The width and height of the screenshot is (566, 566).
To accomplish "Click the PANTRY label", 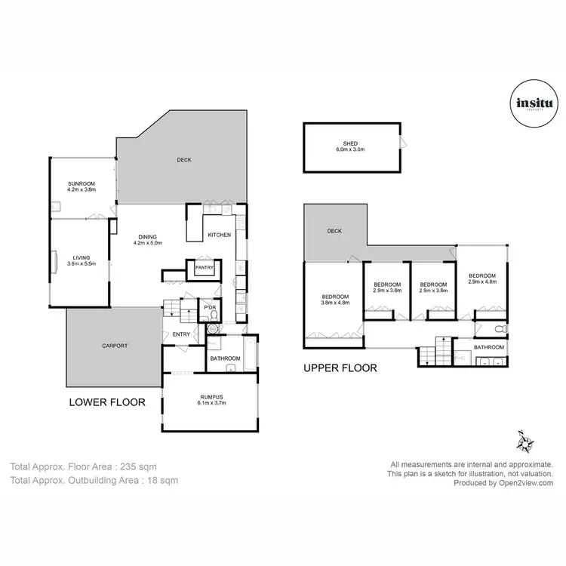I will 205,267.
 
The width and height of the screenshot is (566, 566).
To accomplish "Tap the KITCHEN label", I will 219,235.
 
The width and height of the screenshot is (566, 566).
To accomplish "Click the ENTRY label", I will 181,334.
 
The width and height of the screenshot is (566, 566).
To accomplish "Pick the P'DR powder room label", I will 208,307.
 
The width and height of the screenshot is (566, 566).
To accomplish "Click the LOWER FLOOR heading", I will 106,402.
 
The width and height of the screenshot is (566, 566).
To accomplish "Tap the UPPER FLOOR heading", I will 340,368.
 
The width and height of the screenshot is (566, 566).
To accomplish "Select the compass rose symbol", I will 526,440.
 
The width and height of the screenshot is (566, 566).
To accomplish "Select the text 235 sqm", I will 140,467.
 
